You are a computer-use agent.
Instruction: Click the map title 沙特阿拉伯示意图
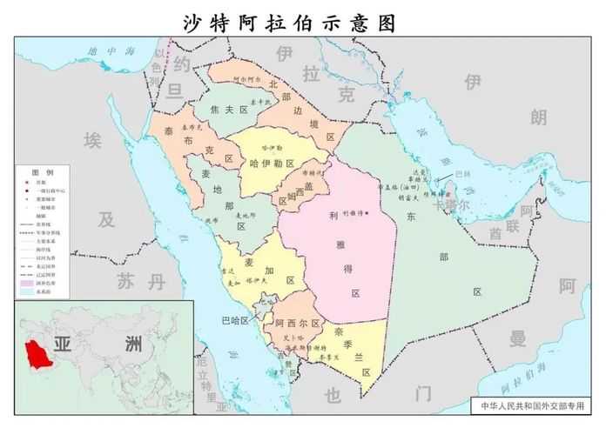[x=289, y=23]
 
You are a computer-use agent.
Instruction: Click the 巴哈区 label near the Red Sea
[x=235, y=320]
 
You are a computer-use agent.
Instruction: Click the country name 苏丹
[x=139, y=280]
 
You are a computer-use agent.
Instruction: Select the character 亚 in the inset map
[x=63, y=343]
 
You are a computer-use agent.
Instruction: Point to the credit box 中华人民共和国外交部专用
[x=533, y=405]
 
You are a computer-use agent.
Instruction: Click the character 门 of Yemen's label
[x=423, y=394]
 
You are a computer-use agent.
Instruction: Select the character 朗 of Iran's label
[x=539, y=117]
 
